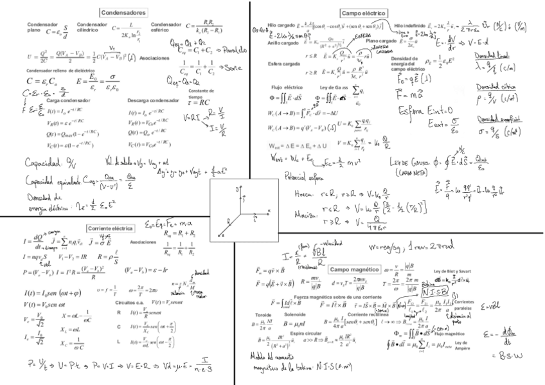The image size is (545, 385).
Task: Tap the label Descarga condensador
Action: [153, 101]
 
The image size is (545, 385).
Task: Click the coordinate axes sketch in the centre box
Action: [246, 209]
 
